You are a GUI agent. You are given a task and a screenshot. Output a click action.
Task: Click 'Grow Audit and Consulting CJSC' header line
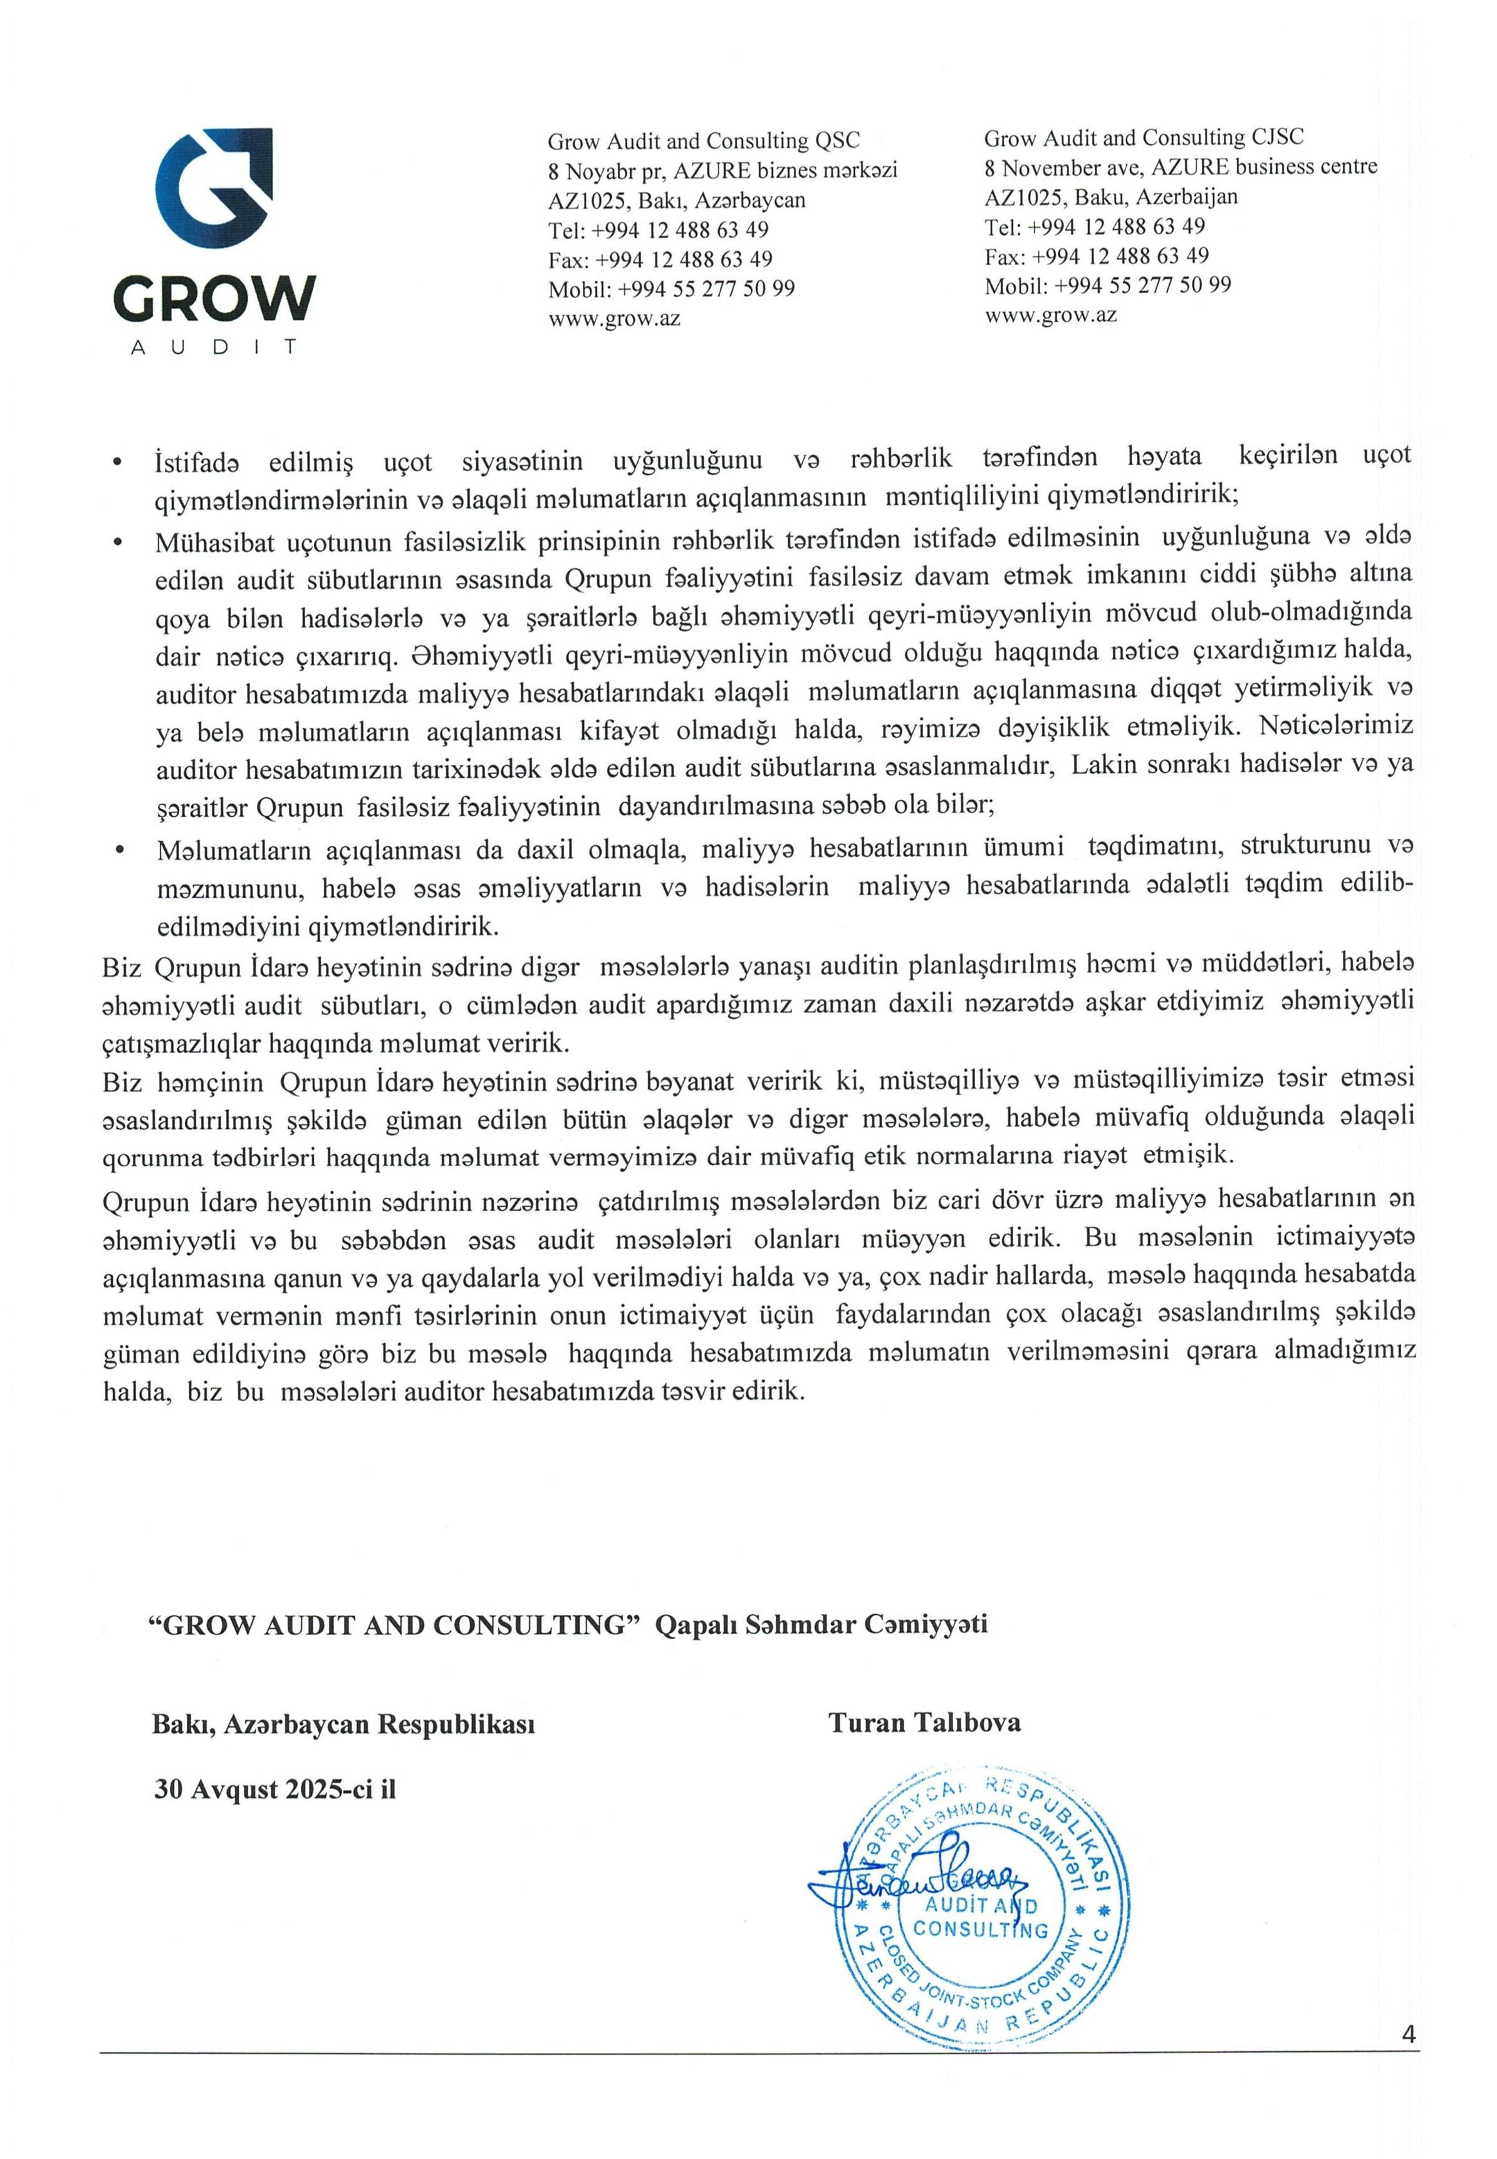(1142, 138)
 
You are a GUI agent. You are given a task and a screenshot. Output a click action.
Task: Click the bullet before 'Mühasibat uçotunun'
(117, 542)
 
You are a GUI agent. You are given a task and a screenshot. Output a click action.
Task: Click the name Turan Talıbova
(924, 1723)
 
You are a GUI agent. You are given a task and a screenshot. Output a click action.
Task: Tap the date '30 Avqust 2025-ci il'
(275, 1789)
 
